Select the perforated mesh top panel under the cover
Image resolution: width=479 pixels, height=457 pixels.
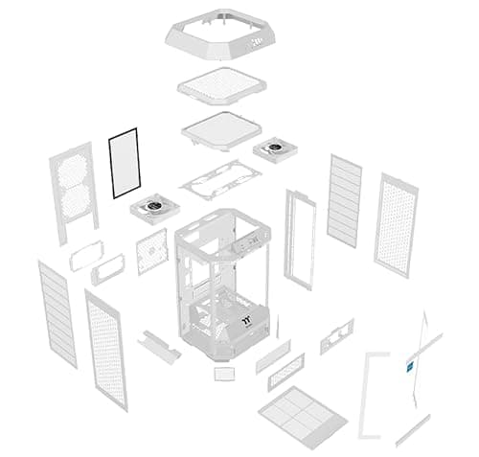coord(223,93)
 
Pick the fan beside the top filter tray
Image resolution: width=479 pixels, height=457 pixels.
coord(270,149)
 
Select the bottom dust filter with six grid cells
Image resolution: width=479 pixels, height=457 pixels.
coord(302,412)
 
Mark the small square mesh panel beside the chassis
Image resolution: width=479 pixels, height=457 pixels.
coord(150,251)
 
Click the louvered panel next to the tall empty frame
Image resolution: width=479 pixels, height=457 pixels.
coord(344,200)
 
